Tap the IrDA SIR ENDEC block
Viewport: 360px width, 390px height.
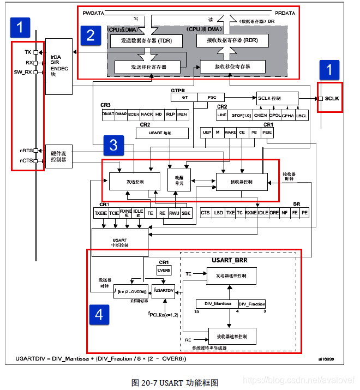(x=59, y=65)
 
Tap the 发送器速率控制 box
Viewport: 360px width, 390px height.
(x=231, y=276)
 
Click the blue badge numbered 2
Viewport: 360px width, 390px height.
(x=91, y=35)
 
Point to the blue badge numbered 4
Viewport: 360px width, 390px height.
(x=99, y=316)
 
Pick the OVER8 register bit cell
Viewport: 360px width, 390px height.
(x=164, y=269)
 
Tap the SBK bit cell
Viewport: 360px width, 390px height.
(x=187, y=213)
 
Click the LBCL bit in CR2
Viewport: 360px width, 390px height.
(x=301, y=116)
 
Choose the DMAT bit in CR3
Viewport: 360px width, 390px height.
(x=107, y=115)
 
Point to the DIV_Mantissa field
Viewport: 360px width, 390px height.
(x=214, y=303)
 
